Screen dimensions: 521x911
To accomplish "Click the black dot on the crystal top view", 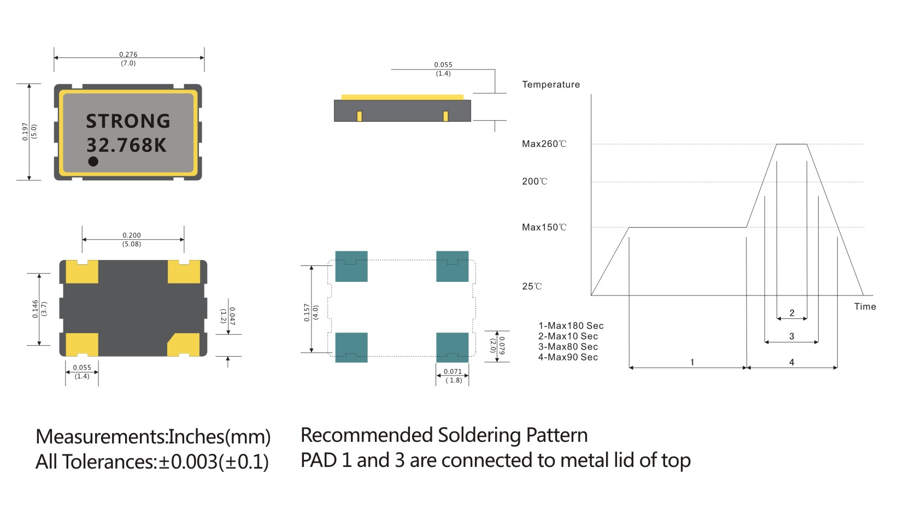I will click(x=93, y=161).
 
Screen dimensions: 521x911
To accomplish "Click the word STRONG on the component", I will click(x=128, y=121).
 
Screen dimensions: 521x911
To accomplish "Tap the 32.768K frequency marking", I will click(x=126, y=145).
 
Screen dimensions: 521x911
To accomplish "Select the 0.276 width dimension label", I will click(x=128, y=55).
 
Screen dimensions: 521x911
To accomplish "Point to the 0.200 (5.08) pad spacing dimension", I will click(x=132, y=239).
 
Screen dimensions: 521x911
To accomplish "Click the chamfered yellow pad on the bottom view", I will click(x=183, y=344).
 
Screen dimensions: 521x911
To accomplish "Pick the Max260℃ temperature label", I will click(x=544, y=144).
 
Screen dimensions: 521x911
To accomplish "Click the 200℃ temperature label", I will click(x=534, y=181).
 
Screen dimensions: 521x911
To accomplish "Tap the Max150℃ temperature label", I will click(x=544, y=227).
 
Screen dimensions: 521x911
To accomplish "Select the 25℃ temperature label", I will click(x=532, y=286).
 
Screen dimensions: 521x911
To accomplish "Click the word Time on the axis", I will click(x=865, y=306).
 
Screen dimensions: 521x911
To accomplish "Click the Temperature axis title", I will click(x=550, y=85).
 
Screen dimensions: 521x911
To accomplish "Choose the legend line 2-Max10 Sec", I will click(x=568, y=336).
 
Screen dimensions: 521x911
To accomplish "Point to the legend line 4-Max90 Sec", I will click(x=568, y=357).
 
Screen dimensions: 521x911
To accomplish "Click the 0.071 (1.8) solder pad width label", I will click(x=452, y=376).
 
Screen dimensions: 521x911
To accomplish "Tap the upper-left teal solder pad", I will click(x=351, y=266).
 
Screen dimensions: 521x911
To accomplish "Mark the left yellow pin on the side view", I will click(x=359, y=116).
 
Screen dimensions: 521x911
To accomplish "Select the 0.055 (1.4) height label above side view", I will click(x=443, y=69).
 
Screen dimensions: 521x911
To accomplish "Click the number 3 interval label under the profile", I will click(x=791, y=336).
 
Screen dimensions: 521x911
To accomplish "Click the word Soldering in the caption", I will click(x=479, y=435).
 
